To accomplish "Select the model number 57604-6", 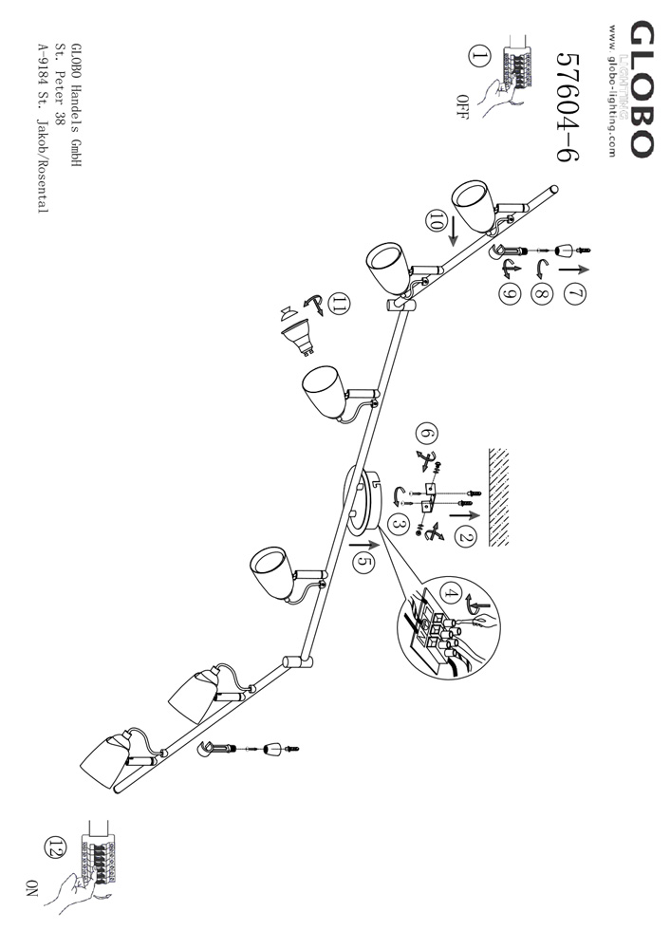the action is (x=568, y=106).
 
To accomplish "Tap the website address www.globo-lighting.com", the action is (x=611, y=91).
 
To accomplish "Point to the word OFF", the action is (x=462, y=107).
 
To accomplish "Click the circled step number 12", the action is (x=54, y=845).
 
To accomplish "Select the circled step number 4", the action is (x=450, y=593).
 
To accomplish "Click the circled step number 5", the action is (x=363, y=562).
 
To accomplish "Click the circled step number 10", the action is (x=434, y=221).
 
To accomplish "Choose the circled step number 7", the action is (x=575, y=294).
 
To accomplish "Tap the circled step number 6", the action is (x=427, y=434).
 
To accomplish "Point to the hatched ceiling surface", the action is (x=498, y=497).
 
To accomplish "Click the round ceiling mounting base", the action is (x=361, y=500).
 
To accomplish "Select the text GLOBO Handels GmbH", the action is (x=76, y=104).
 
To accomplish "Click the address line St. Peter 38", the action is (x=60, y=83).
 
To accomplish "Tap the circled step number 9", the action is (x=510, y=293).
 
